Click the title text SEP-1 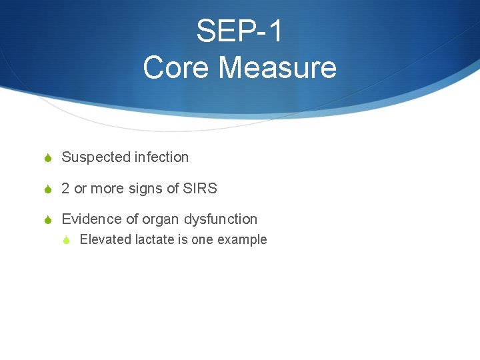click(239, 31)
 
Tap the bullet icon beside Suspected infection click(48, 158)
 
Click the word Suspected click(96, 157)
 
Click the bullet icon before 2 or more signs click(48, 189)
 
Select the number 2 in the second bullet click(65, 189)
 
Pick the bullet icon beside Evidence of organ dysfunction click(48, 220)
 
